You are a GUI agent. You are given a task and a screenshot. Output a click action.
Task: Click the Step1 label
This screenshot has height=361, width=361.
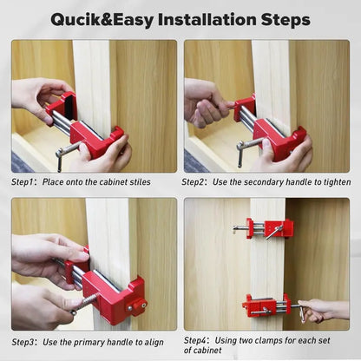[x=24, y=182]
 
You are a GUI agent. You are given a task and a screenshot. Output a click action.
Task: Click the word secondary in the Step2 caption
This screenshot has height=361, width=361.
[x=256, y=182]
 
